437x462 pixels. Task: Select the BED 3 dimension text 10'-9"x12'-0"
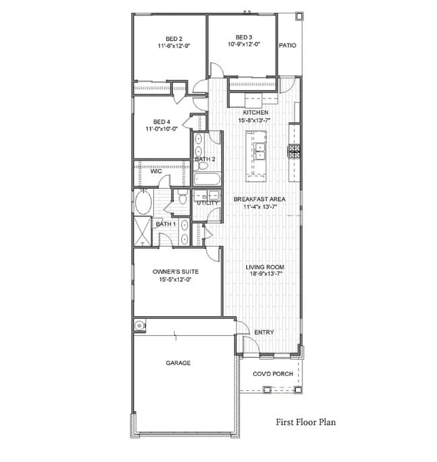coord(244,45)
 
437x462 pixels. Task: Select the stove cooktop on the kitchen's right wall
coord(293,151)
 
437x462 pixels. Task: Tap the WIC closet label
coord(156,171)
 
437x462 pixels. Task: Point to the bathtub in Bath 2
coord(204,179)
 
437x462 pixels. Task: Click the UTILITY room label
coord(207,203)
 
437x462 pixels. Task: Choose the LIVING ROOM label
coord(264,268)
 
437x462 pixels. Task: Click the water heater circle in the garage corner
coord(139,326)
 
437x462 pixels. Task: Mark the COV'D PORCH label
coord(272,374)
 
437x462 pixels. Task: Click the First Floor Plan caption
coord(306,423)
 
